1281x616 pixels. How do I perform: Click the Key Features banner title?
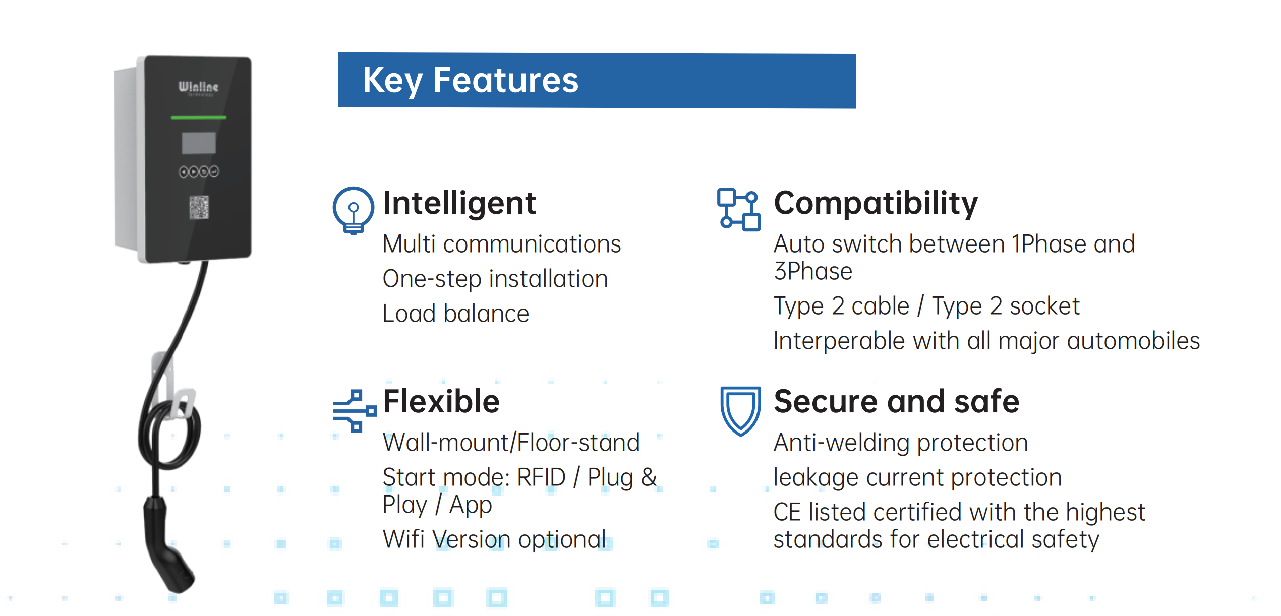(471, 81)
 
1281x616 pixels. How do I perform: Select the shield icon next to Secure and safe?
(740, 411)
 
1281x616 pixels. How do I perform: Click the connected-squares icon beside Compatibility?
(739, 210)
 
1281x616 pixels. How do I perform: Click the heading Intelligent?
(459, 203)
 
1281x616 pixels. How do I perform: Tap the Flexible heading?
(441, 402)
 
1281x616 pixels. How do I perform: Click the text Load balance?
(456, 314)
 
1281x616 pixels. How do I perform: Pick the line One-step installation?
(495, 279)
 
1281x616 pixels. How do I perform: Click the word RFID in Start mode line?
(541, 477)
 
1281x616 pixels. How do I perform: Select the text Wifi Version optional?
(494, 540)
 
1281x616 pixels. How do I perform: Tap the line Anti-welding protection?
(901, 443)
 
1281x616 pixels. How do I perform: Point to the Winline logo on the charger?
(198, 87)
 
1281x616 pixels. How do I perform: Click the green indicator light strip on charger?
(199, 117)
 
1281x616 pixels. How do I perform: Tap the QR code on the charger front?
(199, 207)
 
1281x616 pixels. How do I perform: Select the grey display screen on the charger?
(199, 143)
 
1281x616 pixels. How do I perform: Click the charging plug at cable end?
(165, 544)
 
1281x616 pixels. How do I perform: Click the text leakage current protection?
(917, 477)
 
